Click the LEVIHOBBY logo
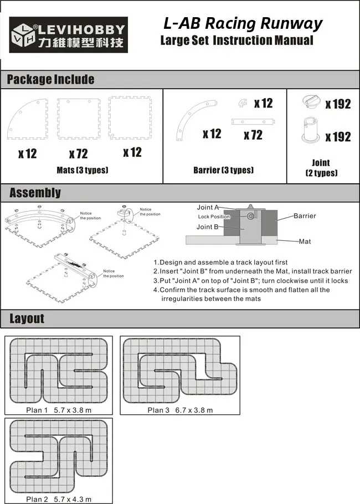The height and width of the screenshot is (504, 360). (x=68, y=35)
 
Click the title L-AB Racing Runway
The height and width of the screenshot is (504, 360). (x=243, y=24)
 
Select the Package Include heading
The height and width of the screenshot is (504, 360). (x=50, y=79)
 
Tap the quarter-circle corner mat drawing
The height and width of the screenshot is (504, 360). (x=27, y=119)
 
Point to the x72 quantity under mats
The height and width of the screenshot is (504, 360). (x=78, y=153)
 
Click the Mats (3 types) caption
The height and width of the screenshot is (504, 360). (x=82, y=170)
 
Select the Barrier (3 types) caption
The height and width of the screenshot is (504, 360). (x=223, y=170)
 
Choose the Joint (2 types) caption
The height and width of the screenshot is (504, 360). (x=321, y=168)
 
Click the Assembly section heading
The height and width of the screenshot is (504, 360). (x=35, y=193)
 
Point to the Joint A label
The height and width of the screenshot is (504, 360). (x=208, y=208)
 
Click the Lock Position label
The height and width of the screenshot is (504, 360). (x=214, y=217)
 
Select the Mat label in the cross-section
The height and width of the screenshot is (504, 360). (x=305, y=241)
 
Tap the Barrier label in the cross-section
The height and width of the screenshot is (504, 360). (x=305, y=216)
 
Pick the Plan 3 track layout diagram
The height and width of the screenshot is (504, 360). (x=180, y=371)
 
